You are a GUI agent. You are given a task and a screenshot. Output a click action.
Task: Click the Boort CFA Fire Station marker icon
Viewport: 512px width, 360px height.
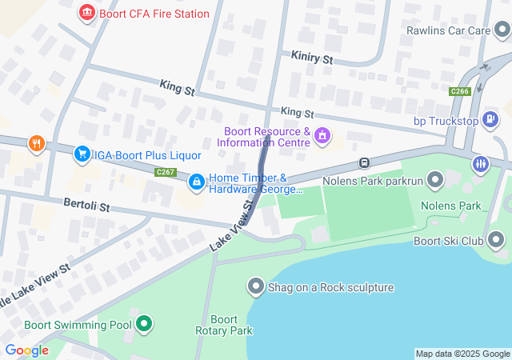pos(86,14)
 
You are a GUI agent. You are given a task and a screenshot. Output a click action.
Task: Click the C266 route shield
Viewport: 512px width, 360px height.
pos(459,91)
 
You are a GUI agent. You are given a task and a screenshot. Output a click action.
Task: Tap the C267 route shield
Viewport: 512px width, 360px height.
pos(166,172)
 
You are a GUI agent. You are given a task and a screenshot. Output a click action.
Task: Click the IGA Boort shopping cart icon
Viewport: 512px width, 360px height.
pos(82,153)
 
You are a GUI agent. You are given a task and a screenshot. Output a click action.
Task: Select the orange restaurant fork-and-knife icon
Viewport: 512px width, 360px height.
pos(36,144)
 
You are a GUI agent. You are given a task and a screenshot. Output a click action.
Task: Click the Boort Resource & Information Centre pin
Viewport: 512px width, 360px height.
pos(322,136)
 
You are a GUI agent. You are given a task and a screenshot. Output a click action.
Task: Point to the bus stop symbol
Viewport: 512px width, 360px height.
pos(364,163)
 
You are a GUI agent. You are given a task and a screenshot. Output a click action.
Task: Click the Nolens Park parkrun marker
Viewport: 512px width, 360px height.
pos(435,180)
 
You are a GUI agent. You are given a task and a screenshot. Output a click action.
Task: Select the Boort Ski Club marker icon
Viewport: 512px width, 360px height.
pos(496,240)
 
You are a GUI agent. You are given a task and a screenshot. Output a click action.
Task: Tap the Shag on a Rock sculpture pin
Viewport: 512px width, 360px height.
pos(256,286)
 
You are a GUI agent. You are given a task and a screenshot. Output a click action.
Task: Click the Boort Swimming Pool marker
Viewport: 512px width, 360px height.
pos(144,324)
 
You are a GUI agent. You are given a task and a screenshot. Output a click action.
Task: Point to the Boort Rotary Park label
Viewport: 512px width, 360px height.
pos(224,325)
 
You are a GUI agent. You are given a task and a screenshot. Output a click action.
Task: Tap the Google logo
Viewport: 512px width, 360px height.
pos(26,350)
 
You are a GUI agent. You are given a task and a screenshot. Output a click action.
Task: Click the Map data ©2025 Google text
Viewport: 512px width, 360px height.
pos(462,354)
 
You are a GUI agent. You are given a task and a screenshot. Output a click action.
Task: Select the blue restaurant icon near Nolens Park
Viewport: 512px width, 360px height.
pos(480,165)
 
